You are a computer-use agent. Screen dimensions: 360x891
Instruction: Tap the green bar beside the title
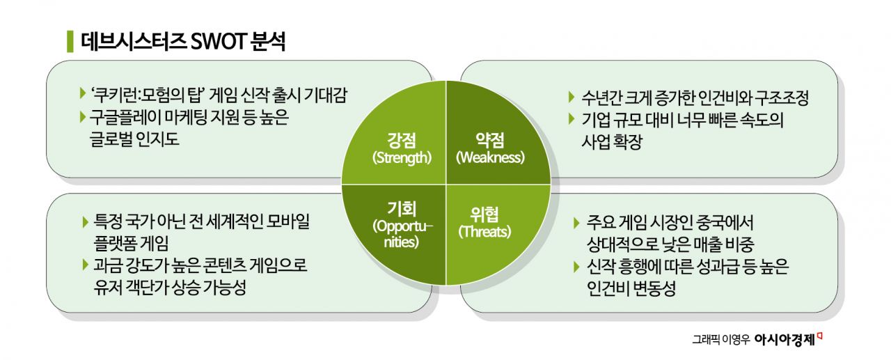pos(70,41)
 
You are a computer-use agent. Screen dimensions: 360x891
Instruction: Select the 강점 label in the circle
pos(401,139)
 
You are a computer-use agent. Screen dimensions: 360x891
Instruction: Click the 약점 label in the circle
pos(489,139)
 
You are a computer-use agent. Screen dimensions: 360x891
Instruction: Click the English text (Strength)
pos(401,157)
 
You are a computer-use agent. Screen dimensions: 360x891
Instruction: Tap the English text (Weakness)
pos(489,157)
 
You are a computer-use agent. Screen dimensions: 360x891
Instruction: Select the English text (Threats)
pos(484,232)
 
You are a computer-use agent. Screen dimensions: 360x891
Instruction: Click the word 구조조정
pos(781,98)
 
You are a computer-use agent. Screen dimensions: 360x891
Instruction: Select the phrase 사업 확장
pos(611,142)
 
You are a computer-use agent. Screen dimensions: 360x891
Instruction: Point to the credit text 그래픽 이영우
pos(721,340)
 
